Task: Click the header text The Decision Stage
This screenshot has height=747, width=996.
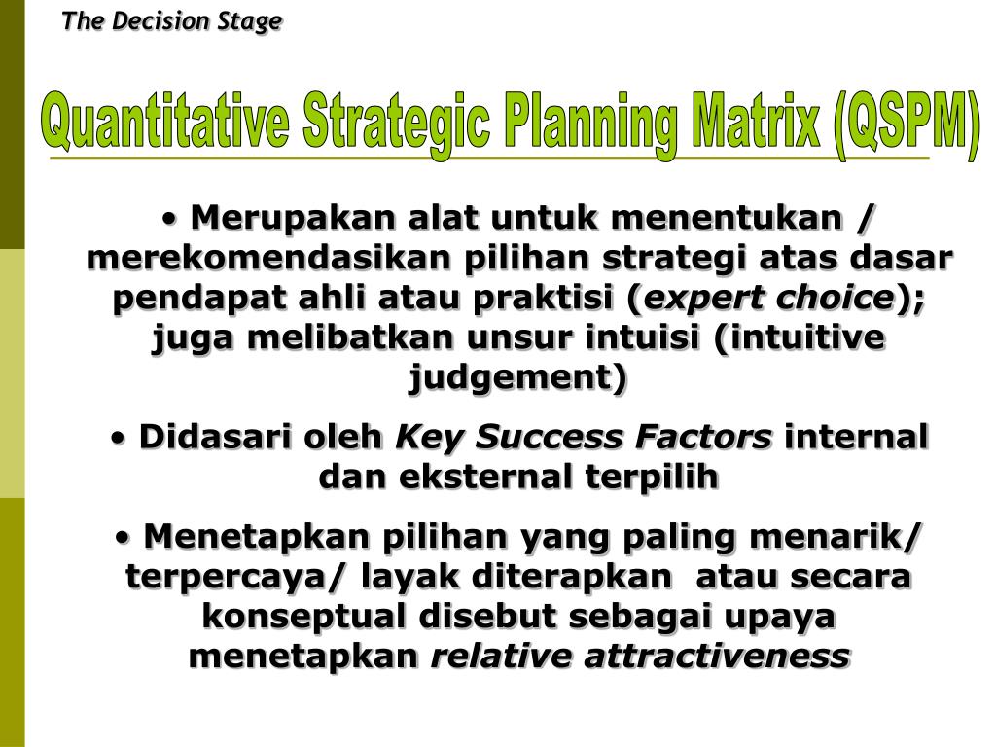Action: coord(172,21)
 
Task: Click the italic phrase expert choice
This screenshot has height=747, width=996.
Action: coord(768,298)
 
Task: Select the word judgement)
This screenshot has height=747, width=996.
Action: coord(517,376)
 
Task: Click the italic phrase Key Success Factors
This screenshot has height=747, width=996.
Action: coord(583,437)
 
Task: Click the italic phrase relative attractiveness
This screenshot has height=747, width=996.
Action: coord(640,656)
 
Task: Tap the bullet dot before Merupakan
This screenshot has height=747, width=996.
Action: coord(170,218)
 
